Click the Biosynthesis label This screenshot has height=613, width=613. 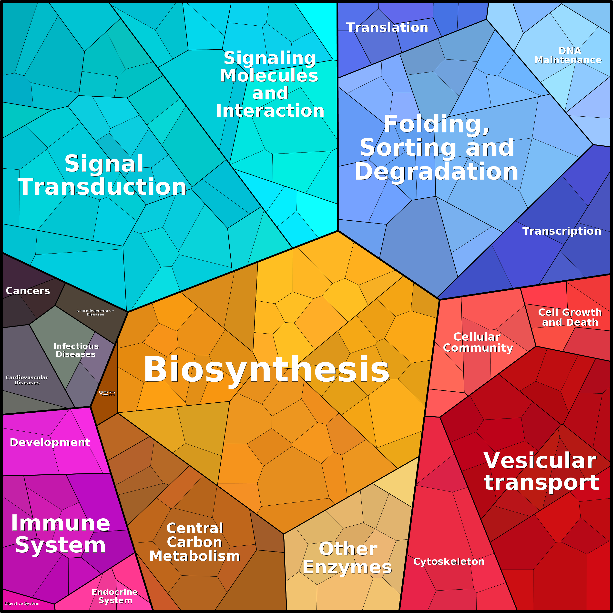tap(266, 369)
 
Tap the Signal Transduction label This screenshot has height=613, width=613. tap(102, 175)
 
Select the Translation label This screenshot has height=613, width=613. tap(387, 28)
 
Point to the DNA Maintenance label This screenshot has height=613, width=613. tap(568, 55)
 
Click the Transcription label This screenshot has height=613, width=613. tap(562, 231)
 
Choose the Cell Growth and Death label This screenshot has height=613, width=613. tap(570, 317)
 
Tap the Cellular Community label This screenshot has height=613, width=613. tap(478, 342)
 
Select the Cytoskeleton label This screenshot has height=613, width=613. tap(449, 562)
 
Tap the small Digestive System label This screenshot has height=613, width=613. tap(22, 603)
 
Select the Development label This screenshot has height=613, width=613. tap(50, 442)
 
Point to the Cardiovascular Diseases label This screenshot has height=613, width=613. tap(27, 380)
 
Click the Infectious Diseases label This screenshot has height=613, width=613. tap(76, 350)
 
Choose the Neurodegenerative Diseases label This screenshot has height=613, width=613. tap(95, 313)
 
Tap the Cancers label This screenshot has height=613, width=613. tap(28, 291)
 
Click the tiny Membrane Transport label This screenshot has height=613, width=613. tap(107, 393)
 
